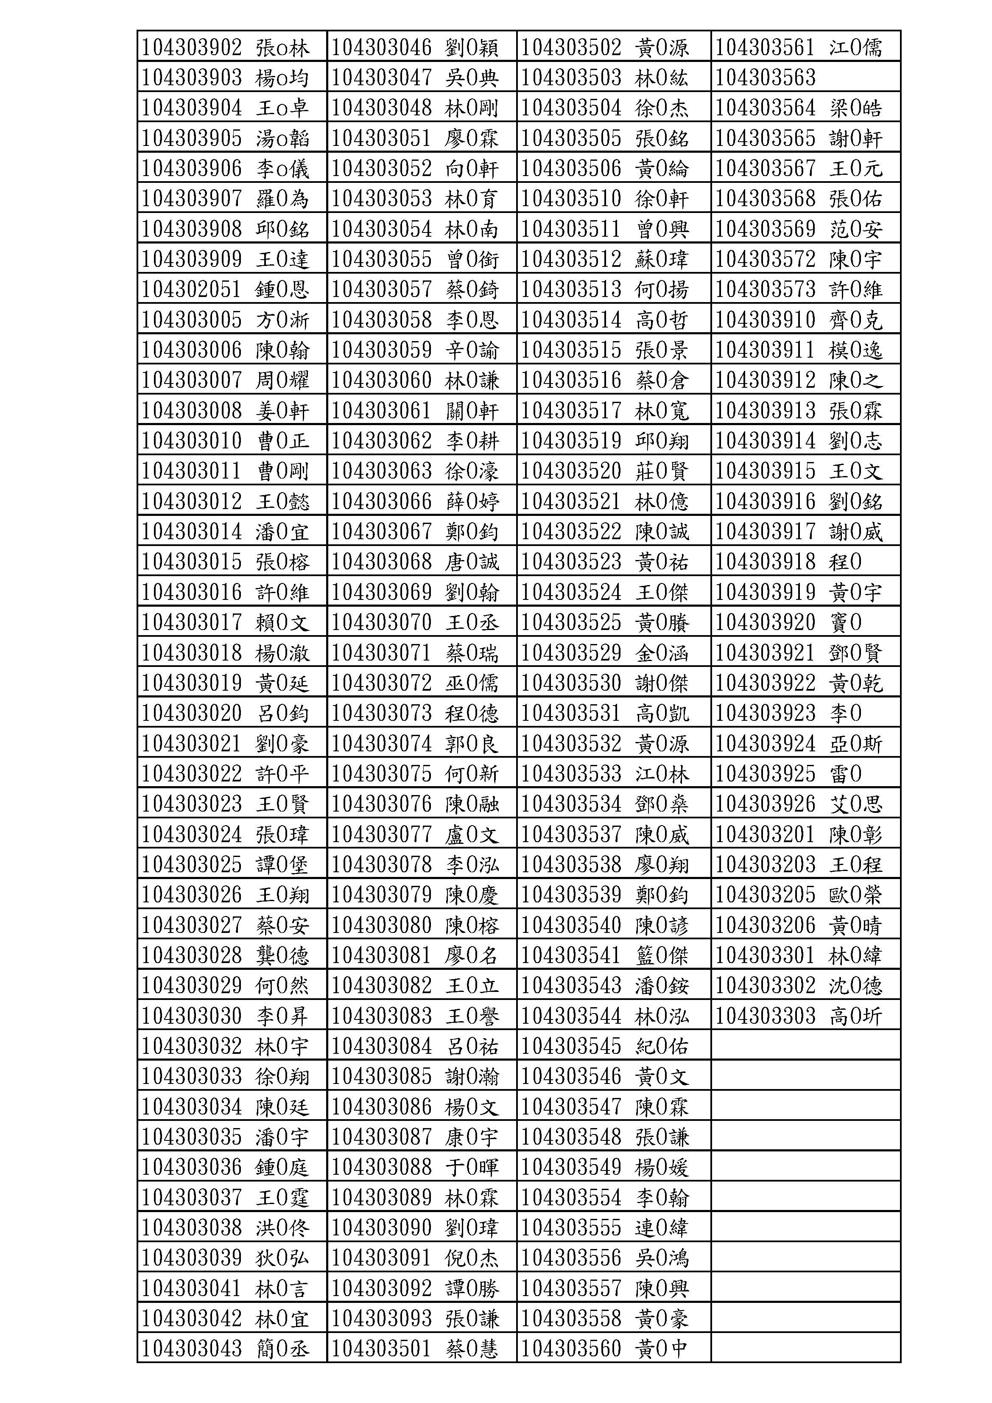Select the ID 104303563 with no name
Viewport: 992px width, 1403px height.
point(766,78)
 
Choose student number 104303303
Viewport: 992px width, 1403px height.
point(766,1016)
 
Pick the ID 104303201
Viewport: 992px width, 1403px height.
point(766,834)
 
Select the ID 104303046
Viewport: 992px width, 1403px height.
point(381,47)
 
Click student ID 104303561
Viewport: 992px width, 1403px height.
point(766,47)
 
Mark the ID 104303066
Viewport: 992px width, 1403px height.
point(381,501)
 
